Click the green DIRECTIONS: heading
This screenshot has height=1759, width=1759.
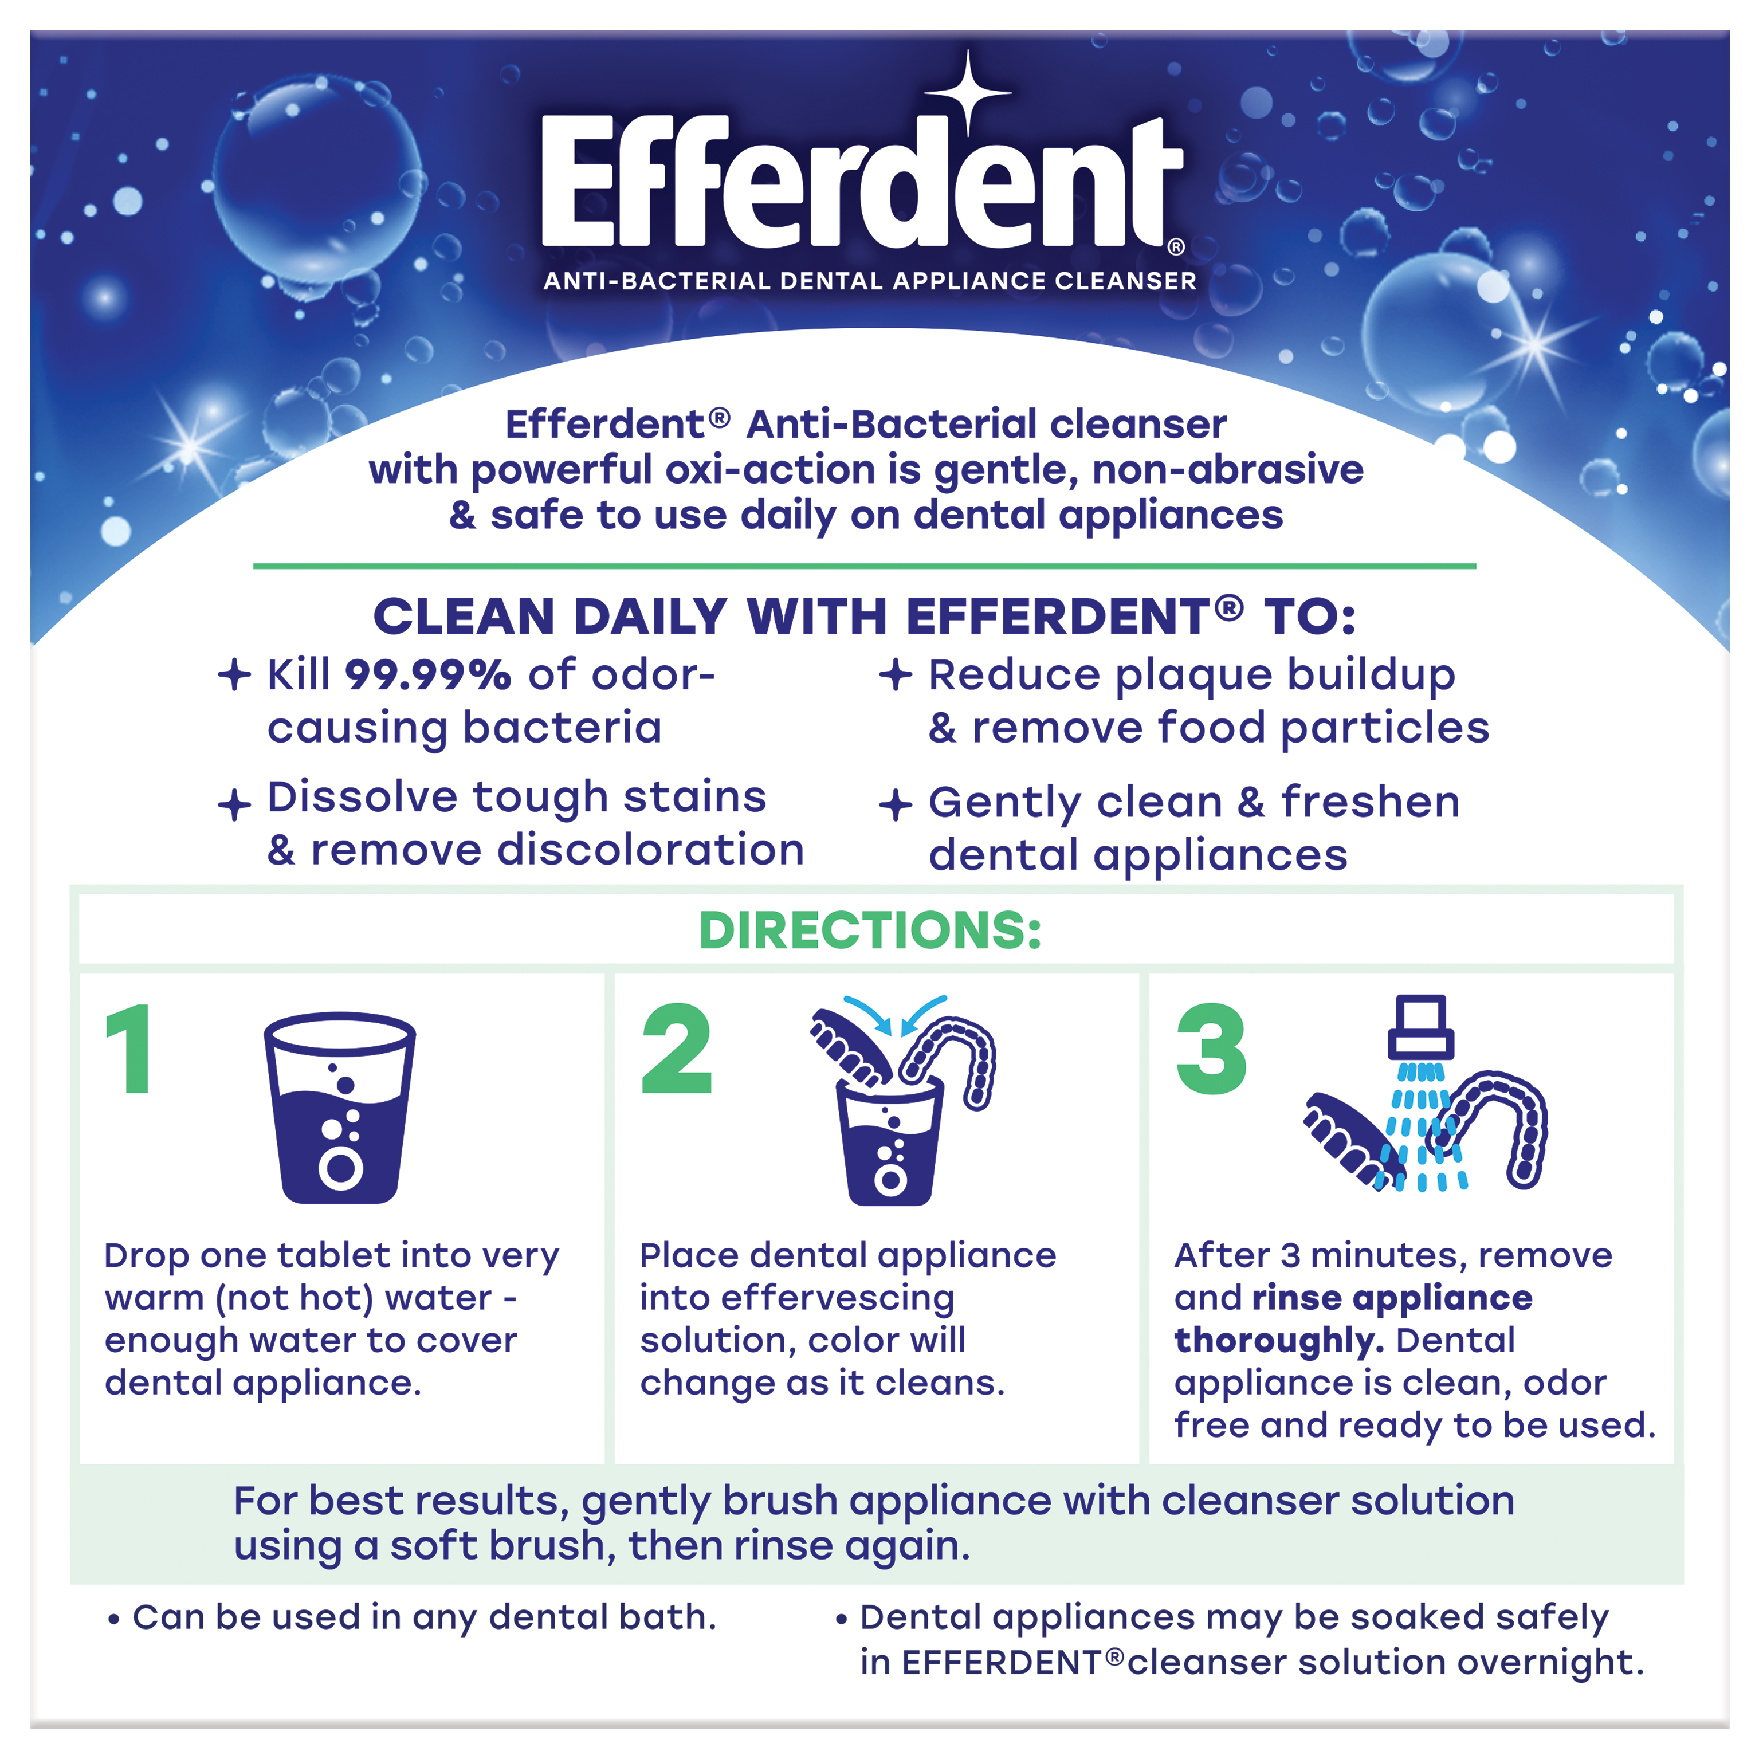tap(870, 930)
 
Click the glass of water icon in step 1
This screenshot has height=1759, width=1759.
tap(340, 1107)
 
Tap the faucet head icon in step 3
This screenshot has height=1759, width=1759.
tap(1420, 1026)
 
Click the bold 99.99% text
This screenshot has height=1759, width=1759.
tap(428, 676)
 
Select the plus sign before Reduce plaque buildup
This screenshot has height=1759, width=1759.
tap(895, 674)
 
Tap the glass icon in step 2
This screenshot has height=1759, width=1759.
tap(889, 1142)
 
